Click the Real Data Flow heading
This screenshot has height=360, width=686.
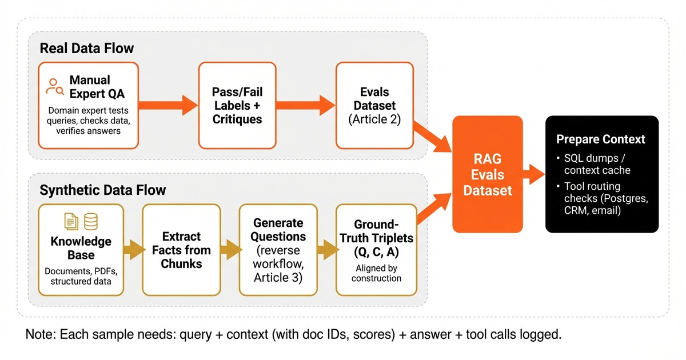click(x=87, y=48)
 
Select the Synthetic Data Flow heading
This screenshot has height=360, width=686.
click(x=102, y=189)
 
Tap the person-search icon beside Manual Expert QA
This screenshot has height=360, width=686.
click(x=55, y=86)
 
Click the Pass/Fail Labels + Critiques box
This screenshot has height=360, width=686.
click(x=237, y=106)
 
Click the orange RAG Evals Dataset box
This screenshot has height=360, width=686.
click(x=487, y=174)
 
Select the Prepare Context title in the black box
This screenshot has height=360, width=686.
click(x=601, y=139)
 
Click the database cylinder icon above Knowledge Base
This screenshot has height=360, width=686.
click(x=90, y=221)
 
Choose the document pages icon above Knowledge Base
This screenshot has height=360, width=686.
click(x=71, y=221)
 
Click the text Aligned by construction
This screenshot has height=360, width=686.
click(x=376, y=273)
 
